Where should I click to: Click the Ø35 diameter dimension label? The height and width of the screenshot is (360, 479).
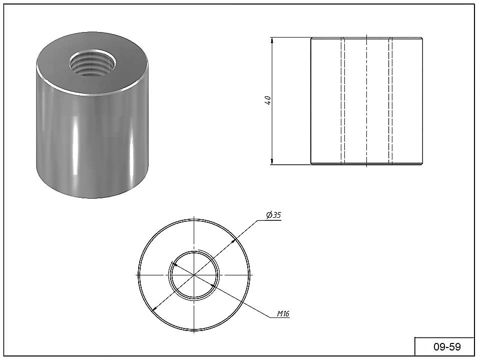click(273, 215)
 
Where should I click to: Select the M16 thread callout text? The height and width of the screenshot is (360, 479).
click(283, 313)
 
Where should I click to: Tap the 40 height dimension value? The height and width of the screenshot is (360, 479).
click(267, 100)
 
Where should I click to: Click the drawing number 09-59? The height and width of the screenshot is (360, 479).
click(447, 347)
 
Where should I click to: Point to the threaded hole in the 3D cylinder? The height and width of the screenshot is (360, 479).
click(92, 64)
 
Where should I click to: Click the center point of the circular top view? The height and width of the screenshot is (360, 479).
click(194, 275)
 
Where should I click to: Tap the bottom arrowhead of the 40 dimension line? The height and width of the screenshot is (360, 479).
click(272, 162)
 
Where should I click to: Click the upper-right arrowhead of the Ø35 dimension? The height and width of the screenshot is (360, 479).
click(234, 241)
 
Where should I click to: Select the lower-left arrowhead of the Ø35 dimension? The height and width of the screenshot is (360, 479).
click(154, 308)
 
